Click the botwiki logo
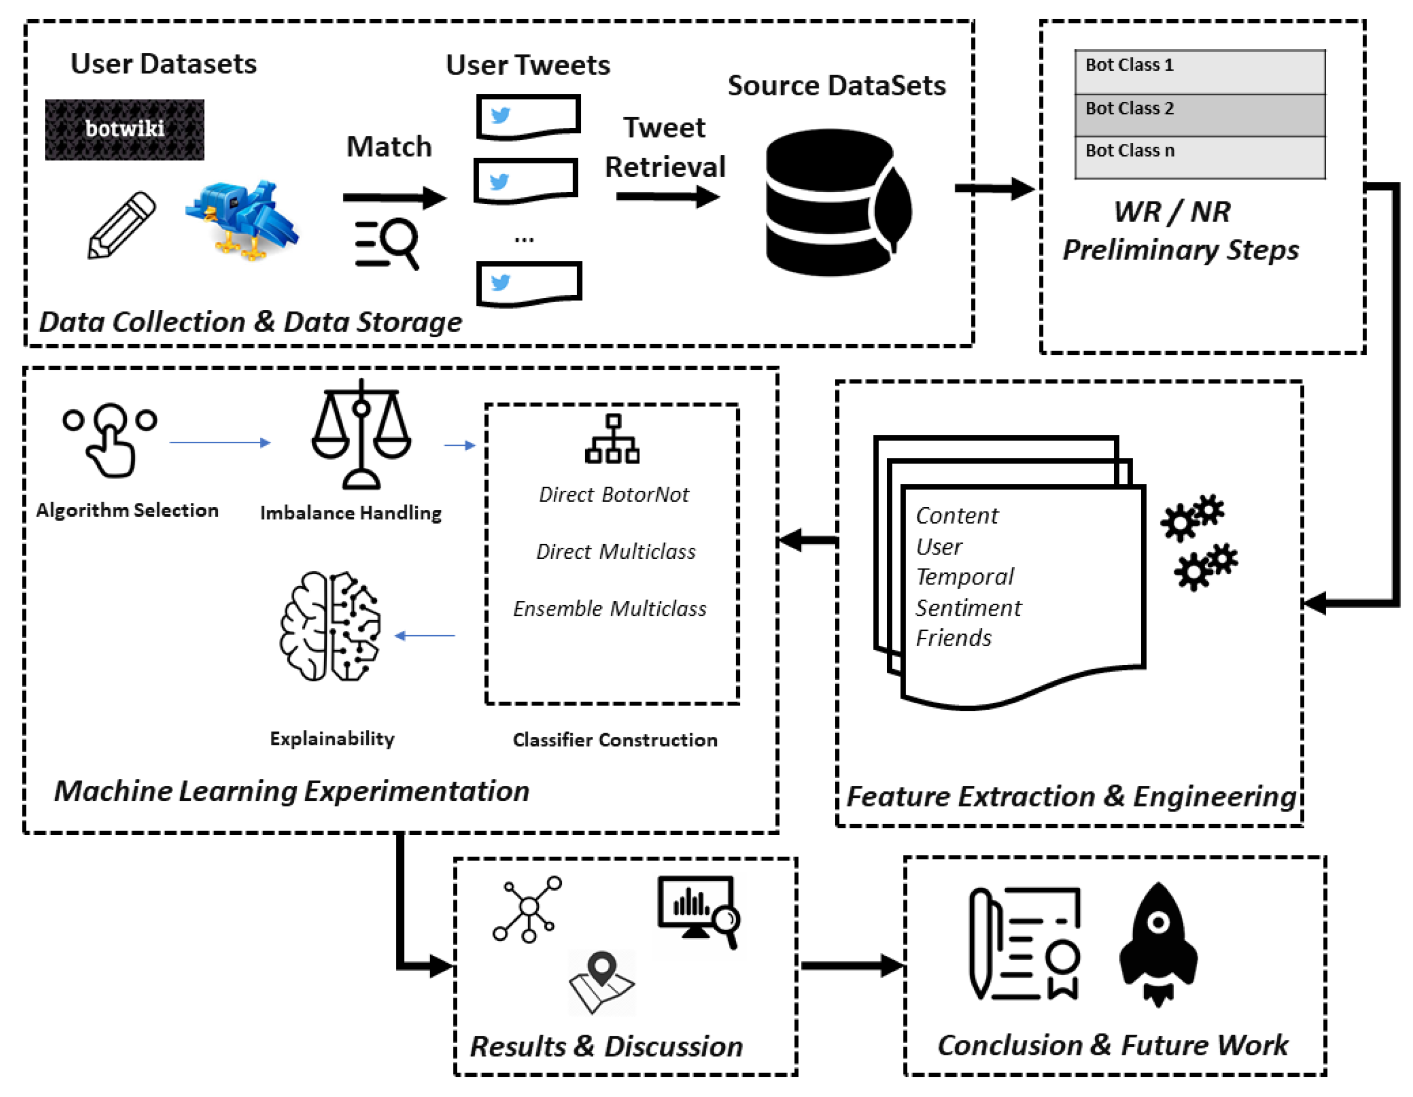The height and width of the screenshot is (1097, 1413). click(124, 129)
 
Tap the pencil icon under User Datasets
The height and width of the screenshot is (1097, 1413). click(122, 225)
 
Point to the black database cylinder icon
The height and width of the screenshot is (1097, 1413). click(835, 202)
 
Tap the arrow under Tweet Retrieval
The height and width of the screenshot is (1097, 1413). click(667, 196)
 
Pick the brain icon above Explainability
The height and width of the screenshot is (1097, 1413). click(330, 625)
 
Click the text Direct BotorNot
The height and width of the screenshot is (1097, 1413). click(613, 495)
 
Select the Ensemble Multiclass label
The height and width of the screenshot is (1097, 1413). click(609, 608)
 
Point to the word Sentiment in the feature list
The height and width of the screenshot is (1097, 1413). click(968, 608)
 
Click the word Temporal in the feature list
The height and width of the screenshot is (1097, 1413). click(964, 577)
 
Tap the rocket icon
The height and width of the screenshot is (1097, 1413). click(1158, 944)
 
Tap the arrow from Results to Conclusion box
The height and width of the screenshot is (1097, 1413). click(851, 966)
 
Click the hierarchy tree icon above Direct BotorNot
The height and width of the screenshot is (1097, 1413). click(612, 440)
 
